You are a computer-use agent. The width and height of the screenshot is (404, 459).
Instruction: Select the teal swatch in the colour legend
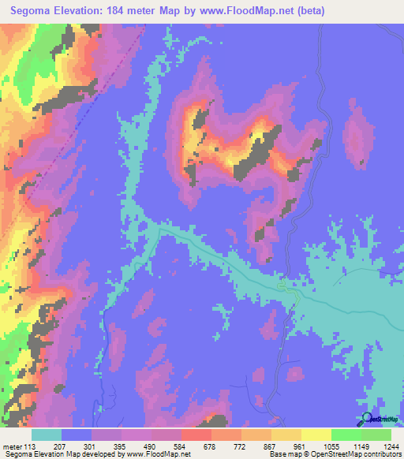47,435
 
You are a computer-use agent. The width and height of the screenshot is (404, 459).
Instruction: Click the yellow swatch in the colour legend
316,435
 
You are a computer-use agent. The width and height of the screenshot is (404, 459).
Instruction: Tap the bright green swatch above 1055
346,435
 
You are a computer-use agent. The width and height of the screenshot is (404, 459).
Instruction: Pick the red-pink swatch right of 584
196,435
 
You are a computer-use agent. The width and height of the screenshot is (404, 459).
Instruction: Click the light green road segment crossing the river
292,293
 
